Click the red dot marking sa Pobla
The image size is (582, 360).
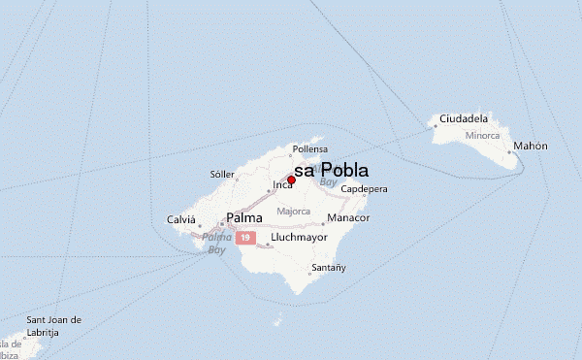click(x=291, y=180)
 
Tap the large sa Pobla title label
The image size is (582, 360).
click(x=331, y=170)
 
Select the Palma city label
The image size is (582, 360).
click(x=243, y=218)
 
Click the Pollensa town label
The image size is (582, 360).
click(x=311, y=150)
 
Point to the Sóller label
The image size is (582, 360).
click(x=223, y=175)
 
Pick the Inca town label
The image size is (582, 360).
click(x=282, y=184)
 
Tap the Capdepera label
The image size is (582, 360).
click(x=365, y=189)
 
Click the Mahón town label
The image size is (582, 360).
click(x=531, y=146)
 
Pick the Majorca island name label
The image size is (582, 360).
click(x=293, y=211)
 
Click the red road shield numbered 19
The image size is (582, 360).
click(x=248, y=237)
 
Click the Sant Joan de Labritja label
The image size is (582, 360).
click(x=53, y=325)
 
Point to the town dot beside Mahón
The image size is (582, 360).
click(x=509, y=151)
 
